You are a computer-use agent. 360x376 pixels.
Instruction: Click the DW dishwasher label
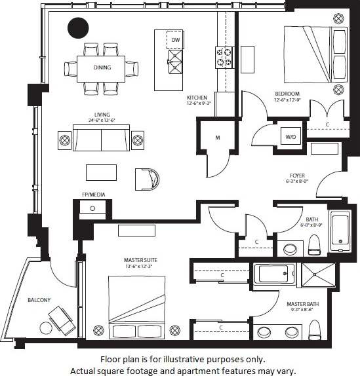coord(175,41)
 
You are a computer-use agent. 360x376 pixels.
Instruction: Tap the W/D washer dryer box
coord(290,137)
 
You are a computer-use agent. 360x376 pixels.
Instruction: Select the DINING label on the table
coord(102,67)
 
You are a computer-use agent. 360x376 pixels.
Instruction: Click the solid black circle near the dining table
coord(78,28)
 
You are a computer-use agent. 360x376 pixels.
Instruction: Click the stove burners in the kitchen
coord(224,57)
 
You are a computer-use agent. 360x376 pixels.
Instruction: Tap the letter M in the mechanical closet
coord(216,138)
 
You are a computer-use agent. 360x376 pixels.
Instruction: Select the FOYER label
coord(297,176)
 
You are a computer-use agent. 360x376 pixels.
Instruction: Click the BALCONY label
coord(39,300)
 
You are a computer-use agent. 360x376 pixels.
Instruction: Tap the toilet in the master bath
coord(315,329)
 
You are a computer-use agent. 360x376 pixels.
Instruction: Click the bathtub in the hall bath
coord(340,231)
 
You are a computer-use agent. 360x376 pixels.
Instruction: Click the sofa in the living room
coord(101,139)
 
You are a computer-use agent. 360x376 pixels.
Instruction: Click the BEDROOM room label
coord(287,94)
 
